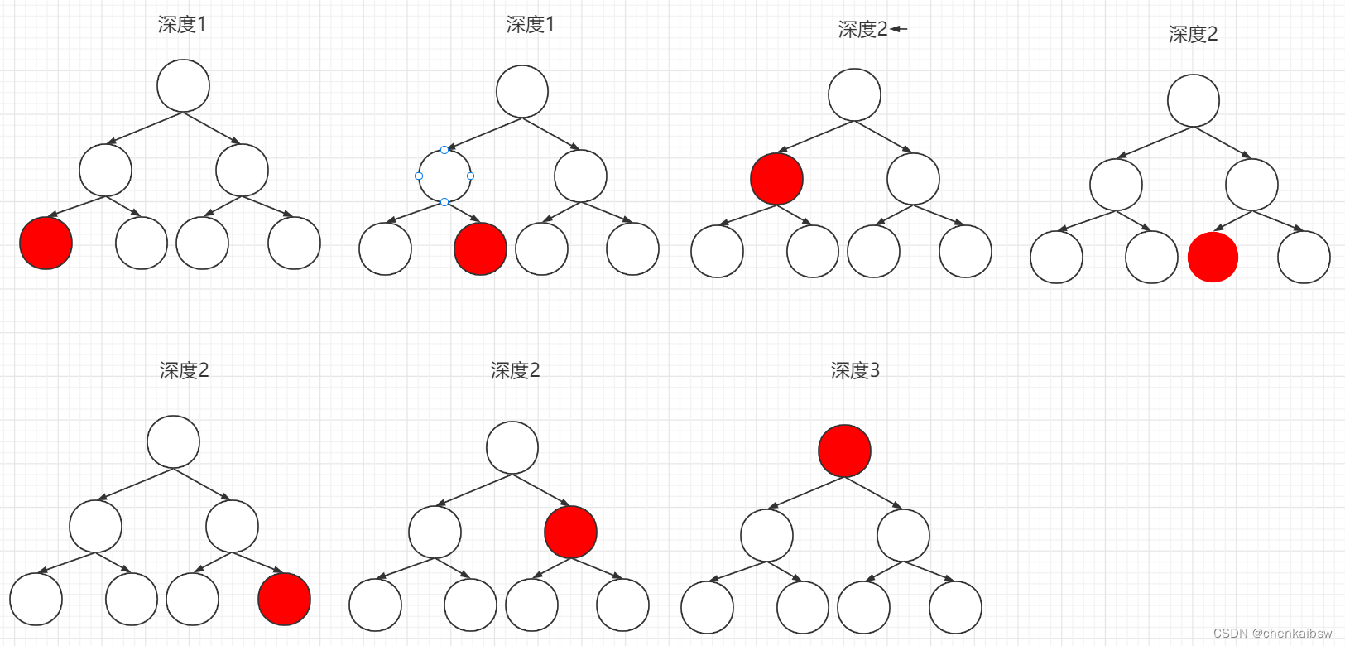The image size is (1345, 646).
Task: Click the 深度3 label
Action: point(855,370)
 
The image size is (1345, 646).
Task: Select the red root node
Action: point(844,451)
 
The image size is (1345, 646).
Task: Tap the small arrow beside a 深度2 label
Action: point(899,29)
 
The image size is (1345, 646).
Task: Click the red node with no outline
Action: point(1213,257)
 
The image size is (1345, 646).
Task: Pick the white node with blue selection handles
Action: point(444,176)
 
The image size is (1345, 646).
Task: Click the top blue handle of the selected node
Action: point(444,150)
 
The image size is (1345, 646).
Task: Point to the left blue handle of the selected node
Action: point(419,176)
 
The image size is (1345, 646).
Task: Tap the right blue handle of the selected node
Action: point(470,176)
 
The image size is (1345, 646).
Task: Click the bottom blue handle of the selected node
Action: point(444,202)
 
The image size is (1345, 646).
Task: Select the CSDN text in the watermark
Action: point(1230,633)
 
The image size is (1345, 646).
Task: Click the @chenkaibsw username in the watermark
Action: point(1292,633)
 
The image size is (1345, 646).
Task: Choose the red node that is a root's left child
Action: point(776,178)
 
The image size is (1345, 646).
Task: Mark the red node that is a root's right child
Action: point(570,532)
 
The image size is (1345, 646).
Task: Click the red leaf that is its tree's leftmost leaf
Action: point(46,243)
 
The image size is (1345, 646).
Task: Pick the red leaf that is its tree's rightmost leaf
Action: point(284,599)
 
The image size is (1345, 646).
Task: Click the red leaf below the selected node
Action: point(480,248)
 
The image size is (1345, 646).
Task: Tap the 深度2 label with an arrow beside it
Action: point(862,30)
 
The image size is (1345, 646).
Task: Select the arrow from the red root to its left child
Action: point(808,493)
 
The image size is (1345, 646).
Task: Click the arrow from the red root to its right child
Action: point(874,493)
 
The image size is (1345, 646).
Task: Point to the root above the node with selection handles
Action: point(521,91)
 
